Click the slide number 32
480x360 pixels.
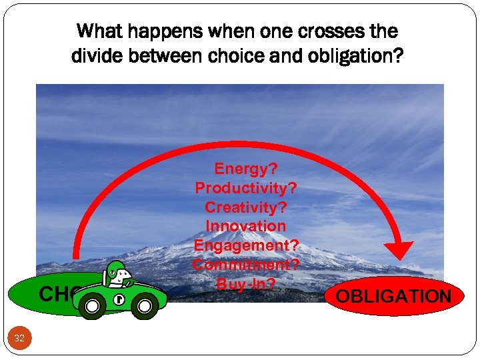[19, 339]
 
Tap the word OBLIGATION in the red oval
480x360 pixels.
[394, 296]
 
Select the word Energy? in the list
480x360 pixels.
[245, 169]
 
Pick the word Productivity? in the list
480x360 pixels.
[245, 188]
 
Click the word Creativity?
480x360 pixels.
[245, 207]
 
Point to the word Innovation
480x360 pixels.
[245, 227]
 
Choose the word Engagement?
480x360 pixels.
[245, 246]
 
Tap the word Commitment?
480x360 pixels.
[245, 265]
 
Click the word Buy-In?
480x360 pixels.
[245, 283]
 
